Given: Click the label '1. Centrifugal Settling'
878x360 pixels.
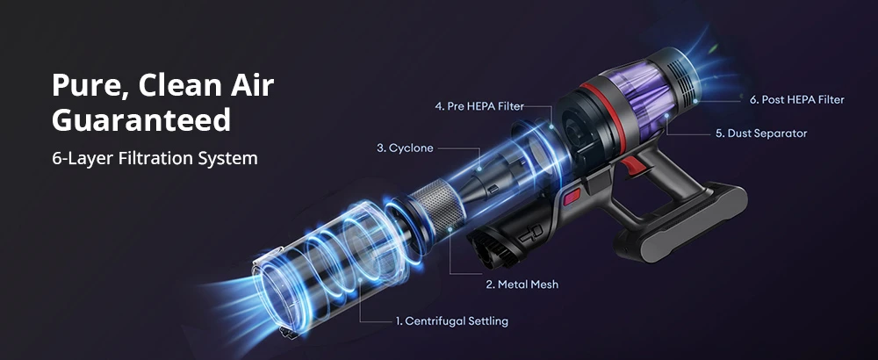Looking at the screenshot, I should click(450, 321).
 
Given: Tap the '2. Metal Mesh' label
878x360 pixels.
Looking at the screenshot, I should click(522, 284).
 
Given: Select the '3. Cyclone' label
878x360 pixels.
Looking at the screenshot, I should click(405, 148).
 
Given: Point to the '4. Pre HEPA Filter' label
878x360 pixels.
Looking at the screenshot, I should click(479, 106).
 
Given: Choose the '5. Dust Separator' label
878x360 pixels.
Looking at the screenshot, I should click(760, 133).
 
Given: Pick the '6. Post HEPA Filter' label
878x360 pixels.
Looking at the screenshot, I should click(796, 100).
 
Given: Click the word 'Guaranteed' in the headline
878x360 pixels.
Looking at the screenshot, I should click(141, 119).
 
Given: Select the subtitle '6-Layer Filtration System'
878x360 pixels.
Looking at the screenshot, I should click(155, 159).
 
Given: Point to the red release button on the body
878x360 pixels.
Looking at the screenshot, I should click(572, 195).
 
